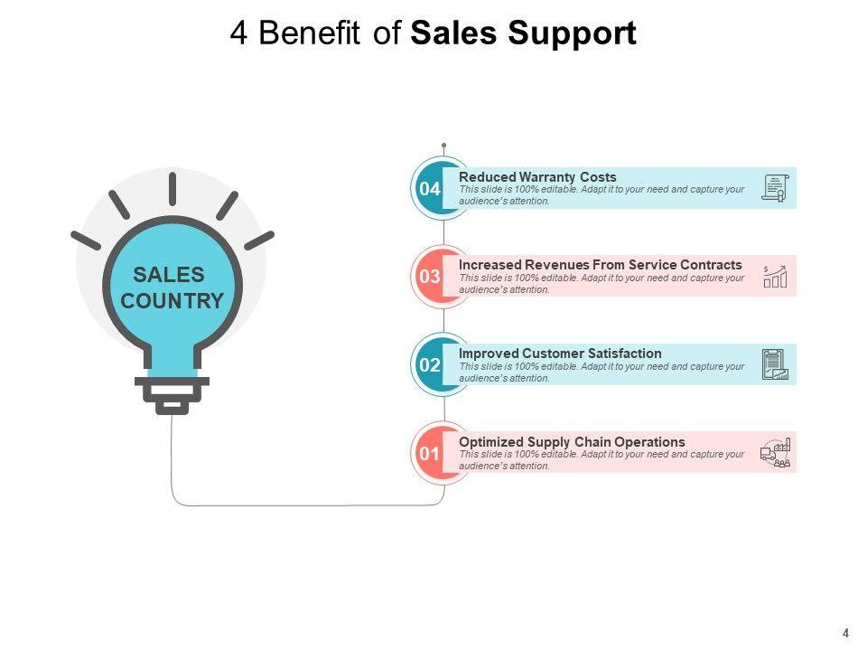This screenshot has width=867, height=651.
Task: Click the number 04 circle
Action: point(430,189)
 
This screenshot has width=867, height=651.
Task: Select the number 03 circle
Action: point(430,277)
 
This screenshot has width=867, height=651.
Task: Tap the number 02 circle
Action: point(430,365)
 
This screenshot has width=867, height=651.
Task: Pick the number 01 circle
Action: point(430,453)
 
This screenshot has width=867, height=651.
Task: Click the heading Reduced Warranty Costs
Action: point(537,177)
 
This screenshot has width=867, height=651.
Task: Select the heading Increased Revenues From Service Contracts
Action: point(600,265)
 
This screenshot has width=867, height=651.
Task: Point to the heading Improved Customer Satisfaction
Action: point(560,354)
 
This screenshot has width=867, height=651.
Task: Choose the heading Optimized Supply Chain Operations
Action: point(572,441)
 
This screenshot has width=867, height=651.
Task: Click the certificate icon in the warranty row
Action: point(775,188)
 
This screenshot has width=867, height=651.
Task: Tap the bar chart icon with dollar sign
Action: point(775,277)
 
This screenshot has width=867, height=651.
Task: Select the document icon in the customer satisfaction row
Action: point(775,364)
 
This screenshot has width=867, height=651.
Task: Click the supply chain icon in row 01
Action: point(775,453)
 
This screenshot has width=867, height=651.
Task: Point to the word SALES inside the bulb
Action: point(169,275)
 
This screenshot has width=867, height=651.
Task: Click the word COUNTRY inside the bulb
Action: point(172,301)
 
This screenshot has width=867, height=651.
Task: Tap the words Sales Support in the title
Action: point(523,33)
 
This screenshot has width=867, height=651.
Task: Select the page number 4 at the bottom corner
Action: point(846,633)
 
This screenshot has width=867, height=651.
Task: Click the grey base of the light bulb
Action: point(172,393)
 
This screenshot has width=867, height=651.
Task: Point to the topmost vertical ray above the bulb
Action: point(172,189)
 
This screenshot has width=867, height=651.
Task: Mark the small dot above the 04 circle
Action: point(443,145)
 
